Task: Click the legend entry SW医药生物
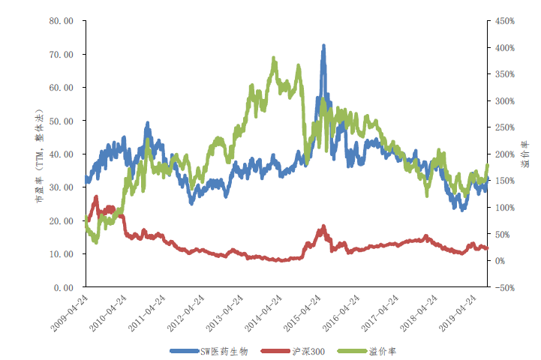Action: pyautogui.click(x=209, y=352)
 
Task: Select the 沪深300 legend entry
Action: pyautogui.click(x=293, y=352)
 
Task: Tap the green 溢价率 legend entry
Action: pyautogui.click(x=366, y=352)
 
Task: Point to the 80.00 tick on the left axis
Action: pyautogui.click(x=62, y=21)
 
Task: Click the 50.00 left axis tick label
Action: pyautogui.click(x=62, y=121)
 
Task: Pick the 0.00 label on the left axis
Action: pyautogui.click(x=64, y=287)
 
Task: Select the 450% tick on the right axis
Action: pyautogui.click(x=505, y=21)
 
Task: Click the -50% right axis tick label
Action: pyautogui.click(x=505, y=287)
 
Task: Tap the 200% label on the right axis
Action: pyautogui.click(x=505, y=154)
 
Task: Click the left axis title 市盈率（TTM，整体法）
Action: pyautogui.click(x=40, y=156)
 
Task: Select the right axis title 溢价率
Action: pyautogui.click(x=525, y=154)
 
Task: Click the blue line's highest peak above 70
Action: pyautogui.click(x=323, y=46)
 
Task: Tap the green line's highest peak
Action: pyautogui.click(x=274, y=58)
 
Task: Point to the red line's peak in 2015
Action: pyautogui.click(x=323, y=226)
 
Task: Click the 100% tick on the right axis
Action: pyautogui.click(x=505, y=208)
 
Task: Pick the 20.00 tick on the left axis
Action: pyautogui.click(x=62, y=221)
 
